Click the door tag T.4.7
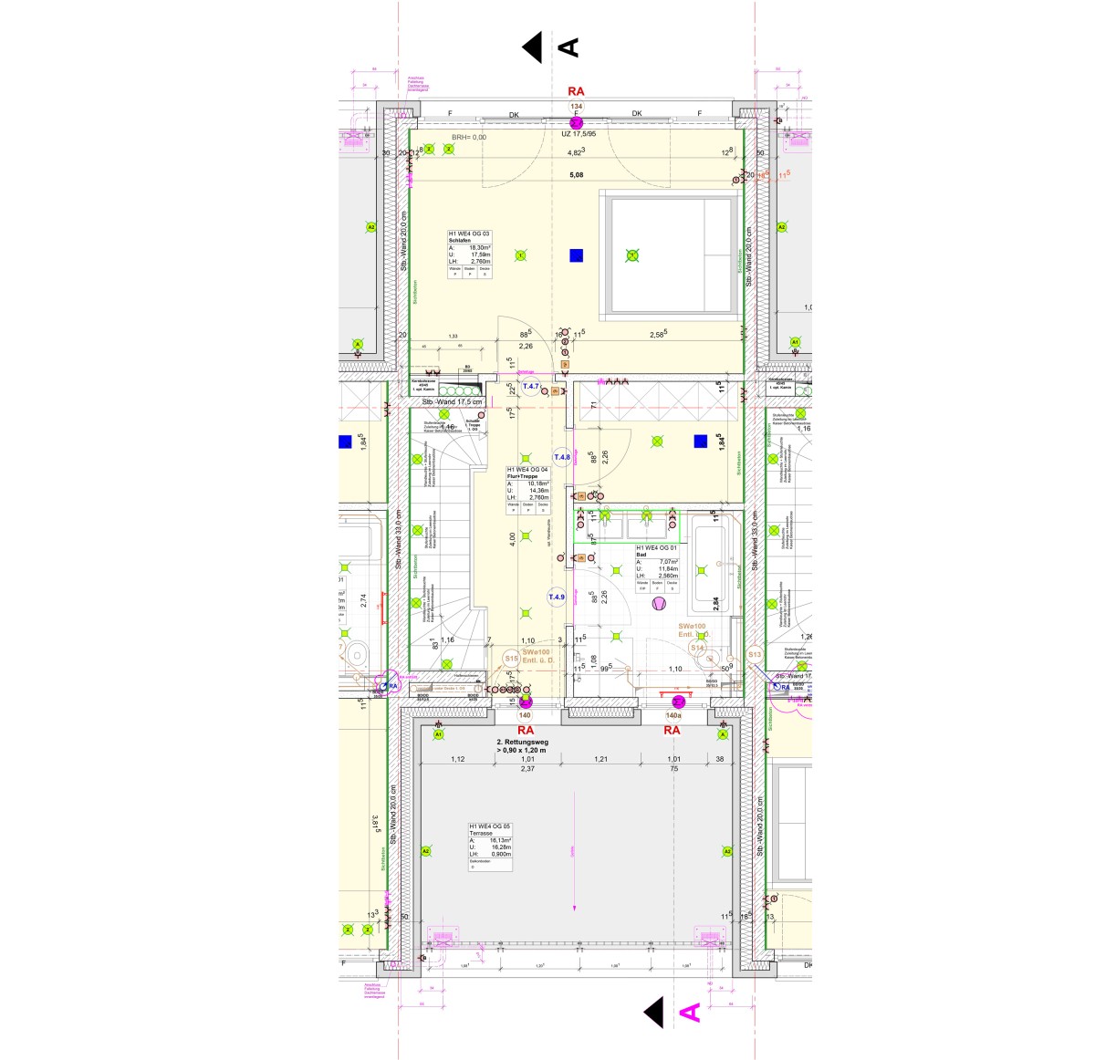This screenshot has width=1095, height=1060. point(531,387)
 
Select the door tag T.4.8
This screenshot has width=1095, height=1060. point(562,457)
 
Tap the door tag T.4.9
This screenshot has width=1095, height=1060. point(557,598)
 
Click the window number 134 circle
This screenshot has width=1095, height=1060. point(576,106)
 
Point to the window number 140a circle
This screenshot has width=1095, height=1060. point(673,716)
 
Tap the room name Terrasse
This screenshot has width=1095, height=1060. point(480,833)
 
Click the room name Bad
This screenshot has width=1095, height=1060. point(641,554)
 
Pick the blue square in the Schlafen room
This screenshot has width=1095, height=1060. point(577,255)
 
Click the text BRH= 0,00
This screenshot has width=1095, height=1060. point(469,138)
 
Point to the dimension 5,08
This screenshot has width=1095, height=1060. point(576,174)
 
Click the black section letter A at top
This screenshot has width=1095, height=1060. point(568,47)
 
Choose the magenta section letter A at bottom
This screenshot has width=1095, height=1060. point(691,1012)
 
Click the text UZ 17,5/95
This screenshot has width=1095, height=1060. point(584,134)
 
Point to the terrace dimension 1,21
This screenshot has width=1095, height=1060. point(601,759)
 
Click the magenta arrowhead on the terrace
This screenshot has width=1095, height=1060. point(575,908)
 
